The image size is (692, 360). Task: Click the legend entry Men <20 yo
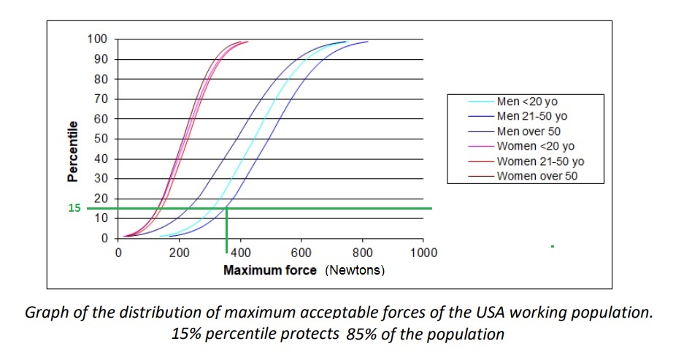click(x=527, y=102)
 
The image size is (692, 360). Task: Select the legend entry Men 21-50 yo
click(x=532, y=116)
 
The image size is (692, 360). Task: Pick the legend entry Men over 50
click(x=528, y=131)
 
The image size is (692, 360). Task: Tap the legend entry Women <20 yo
click(x=536, y=146)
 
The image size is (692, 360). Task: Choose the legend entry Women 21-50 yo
click(x=541, y=161)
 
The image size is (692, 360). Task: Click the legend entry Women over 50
click(x=537, y=176)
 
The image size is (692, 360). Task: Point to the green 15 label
click(x=74, y=207)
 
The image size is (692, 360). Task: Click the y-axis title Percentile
click(x=72, y=151)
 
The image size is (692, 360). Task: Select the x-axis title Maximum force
click(x=270, y=270)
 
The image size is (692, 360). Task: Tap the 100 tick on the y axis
click(x=98, y=39)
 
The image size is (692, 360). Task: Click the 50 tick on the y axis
click(x=101, y=139)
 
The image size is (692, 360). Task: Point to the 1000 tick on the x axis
click(x=423, y=253)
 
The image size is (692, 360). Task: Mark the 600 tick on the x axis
click(x=301, y=253)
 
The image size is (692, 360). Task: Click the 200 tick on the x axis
click(x=179, y=253)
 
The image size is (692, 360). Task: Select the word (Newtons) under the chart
click(x=355, y=270)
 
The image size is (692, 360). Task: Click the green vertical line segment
click(x=226, y=231)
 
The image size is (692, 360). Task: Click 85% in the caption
click(x=362, y=334)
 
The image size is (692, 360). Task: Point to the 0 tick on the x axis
click(x=118, y=253)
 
